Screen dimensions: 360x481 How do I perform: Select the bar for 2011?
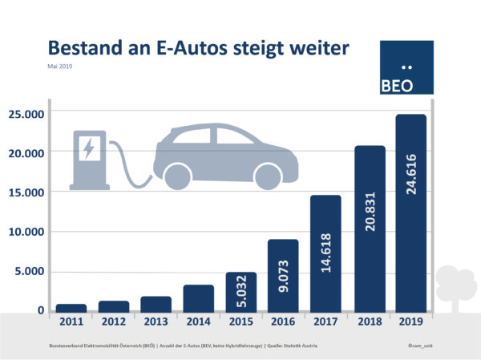click(71, 308)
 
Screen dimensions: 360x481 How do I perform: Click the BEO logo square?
click(407, 68)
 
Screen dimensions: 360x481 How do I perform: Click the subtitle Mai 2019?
click(61, 67)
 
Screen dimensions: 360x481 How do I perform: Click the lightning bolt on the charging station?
click(88, 148)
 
